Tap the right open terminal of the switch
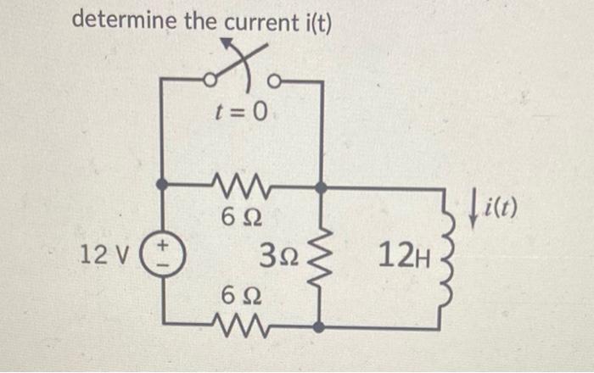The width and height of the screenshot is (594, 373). coord(273,81)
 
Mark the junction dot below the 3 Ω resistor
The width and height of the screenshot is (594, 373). coord(320,326)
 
